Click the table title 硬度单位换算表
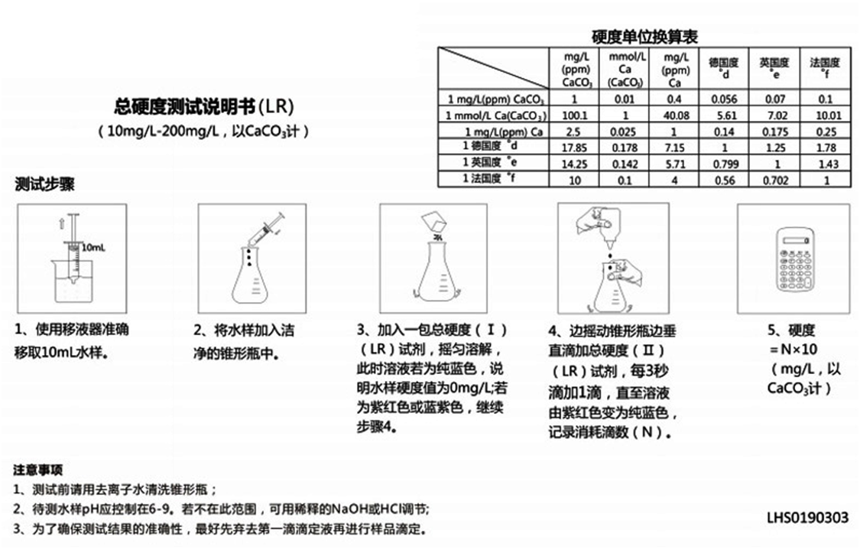pyautogui.click(x=644, y=36)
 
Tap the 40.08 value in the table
pyautogui.click(x=673, y=116)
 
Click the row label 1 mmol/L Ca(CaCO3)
pyautogui.click(x=495, y=116)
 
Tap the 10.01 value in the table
pyautogui.click(x=825, y=116)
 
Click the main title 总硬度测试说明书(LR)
pyautogui.click(x=203, y=106)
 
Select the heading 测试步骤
pyautogui.click(x=44, y=184)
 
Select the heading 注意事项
pyautogui.click(x=37, y=468)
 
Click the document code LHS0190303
pyautogui.click(x=807, y=518)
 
